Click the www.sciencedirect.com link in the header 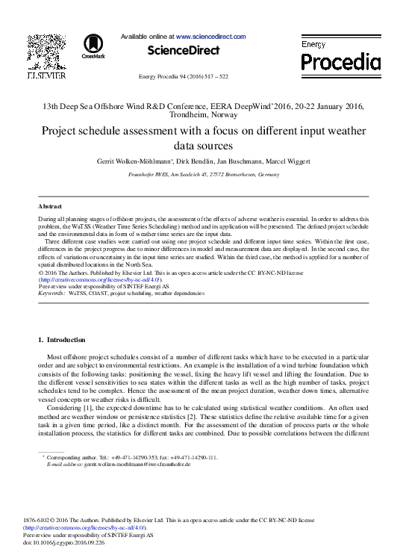pyautogui.click(x=210, y=36)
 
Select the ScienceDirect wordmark pyautogui.click(x=184, y=51)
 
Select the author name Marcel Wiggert pyautogui.click(x=287, y=161)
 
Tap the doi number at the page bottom pyautogui.click(x=65, y=542)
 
